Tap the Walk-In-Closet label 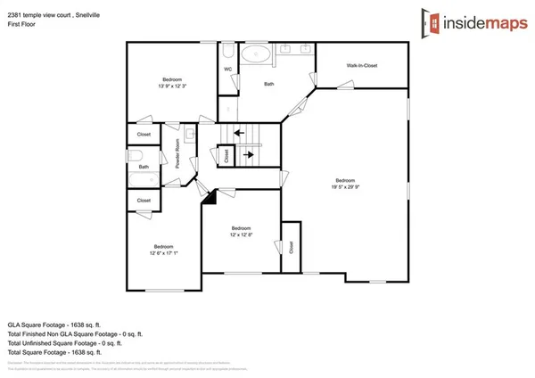364,66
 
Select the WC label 228,69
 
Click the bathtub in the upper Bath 258,53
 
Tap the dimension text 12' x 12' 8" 243,234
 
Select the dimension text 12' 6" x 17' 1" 164,251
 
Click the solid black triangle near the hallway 210,198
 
